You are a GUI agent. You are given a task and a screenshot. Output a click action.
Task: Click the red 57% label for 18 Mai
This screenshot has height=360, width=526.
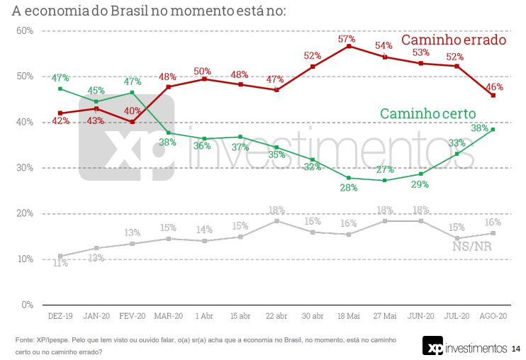346,39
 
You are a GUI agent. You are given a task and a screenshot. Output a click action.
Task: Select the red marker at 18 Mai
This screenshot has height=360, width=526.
349,46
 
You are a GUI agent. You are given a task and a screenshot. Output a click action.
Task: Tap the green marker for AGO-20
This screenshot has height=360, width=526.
493,130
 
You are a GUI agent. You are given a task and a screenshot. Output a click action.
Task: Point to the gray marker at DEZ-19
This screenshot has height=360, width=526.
60,256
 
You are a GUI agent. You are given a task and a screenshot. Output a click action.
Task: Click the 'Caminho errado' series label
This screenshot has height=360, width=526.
454,40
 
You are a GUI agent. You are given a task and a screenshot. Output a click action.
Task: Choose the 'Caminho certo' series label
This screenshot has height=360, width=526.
427,113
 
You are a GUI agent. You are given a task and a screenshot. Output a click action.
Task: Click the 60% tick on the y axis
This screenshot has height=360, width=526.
25,31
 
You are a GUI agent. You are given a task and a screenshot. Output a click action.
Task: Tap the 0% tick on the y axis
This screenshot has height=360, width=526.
28,305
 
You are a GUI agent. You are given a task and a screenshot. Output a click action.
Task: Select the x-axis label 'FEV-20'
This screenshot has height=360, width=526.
133,316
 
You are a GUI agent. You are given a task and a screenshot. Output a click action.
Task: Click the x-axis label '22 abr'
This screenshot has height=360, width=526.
276,316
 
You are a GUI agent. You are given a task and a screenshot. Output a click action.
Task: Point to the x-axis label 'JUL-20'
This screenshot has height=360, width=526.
457,316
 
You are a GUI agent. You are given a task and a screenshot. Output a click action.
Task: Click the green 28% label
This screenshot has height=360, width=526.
347,188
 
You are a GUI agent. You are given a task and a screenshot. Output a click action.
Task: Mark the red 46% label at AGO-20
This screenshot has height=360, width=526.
495,87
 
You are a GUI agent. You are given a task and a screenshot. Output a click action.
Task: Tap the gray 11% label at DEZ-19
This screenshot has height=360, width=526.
60,263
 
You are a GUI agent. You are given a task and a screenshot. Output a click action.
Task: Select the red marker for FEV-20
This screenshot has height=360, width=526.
133,122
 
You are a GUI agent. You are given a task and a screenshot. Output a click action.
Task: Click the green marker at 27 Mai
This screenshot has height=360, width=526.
384,180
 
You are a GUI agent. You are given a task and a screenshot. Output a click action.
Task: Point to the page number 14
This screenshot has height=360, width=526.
515,348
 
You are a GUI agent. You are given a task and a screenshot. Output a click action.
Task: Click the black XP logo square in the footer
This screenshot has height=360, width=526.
432,345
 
